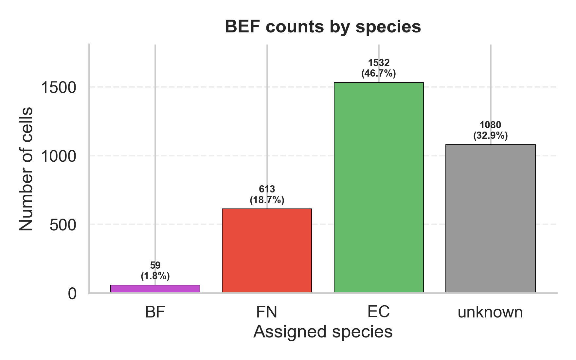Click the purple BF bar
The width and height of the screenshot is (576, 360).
155,289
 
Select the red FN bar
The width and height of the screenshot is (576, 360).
267,250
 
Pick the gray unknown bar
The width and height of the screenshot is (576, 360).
490,218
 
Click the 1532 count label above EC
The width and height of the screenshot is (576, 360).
379,63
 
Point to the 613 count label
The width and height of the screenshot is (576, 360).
267,189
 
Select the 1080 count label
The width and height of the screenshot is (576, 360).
490,125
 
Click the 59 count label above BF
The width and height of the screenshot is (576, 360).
155,265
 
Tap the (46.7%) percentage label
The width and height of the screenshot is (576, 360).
379,73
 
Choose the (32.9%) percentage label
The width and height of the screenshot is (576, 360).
490,135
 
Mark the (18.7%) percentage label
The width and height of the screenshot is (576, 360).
267,200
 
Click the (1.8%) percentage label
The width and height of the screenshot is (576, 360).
155,276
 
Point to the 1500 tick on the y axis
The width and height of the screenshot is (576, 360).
58,87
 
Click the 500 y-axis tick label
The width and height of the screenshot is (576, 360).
63,225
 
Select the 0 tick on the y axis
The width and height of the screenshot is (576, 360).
72,294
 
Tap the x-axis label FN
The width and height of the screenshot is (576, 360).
266,312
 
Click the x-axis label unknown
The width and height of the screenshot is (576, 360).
490,312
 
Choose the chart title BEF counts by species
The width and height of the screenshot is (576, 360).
323,27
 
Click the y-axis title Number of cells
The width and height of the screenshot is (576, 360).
26,169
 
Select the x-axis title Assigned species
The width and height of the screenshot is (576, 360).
323,332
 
